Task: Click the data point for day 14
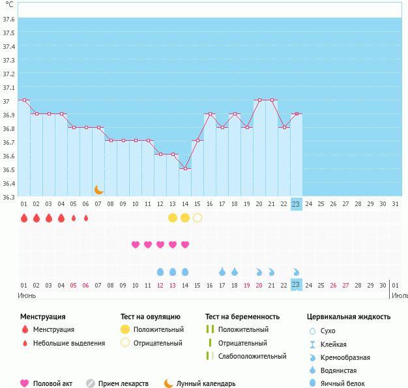coord(185,169)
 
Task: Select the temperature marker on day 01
coord(24,100)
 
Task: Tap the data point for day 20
coord(259,100)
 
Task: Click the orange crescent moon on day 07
coord(99,190)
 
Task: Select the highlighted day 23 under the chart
coord(296,204)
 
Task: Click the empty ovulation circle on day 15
coord(197,217)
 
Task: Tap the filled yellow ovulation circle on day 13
coord(173,217)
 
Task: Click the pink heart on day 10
coord(136,245)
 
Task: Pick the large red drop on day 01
coord(24,217)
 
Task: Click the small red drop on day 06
coord(86,218)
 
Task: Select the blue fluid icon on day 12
coord(160,271)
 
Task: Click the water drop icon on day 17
coord(222,271)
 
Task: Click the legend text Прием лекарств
coord(123,383)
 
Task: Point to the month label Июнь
coord(27,295)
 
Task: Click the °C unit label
coord(8,4)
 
